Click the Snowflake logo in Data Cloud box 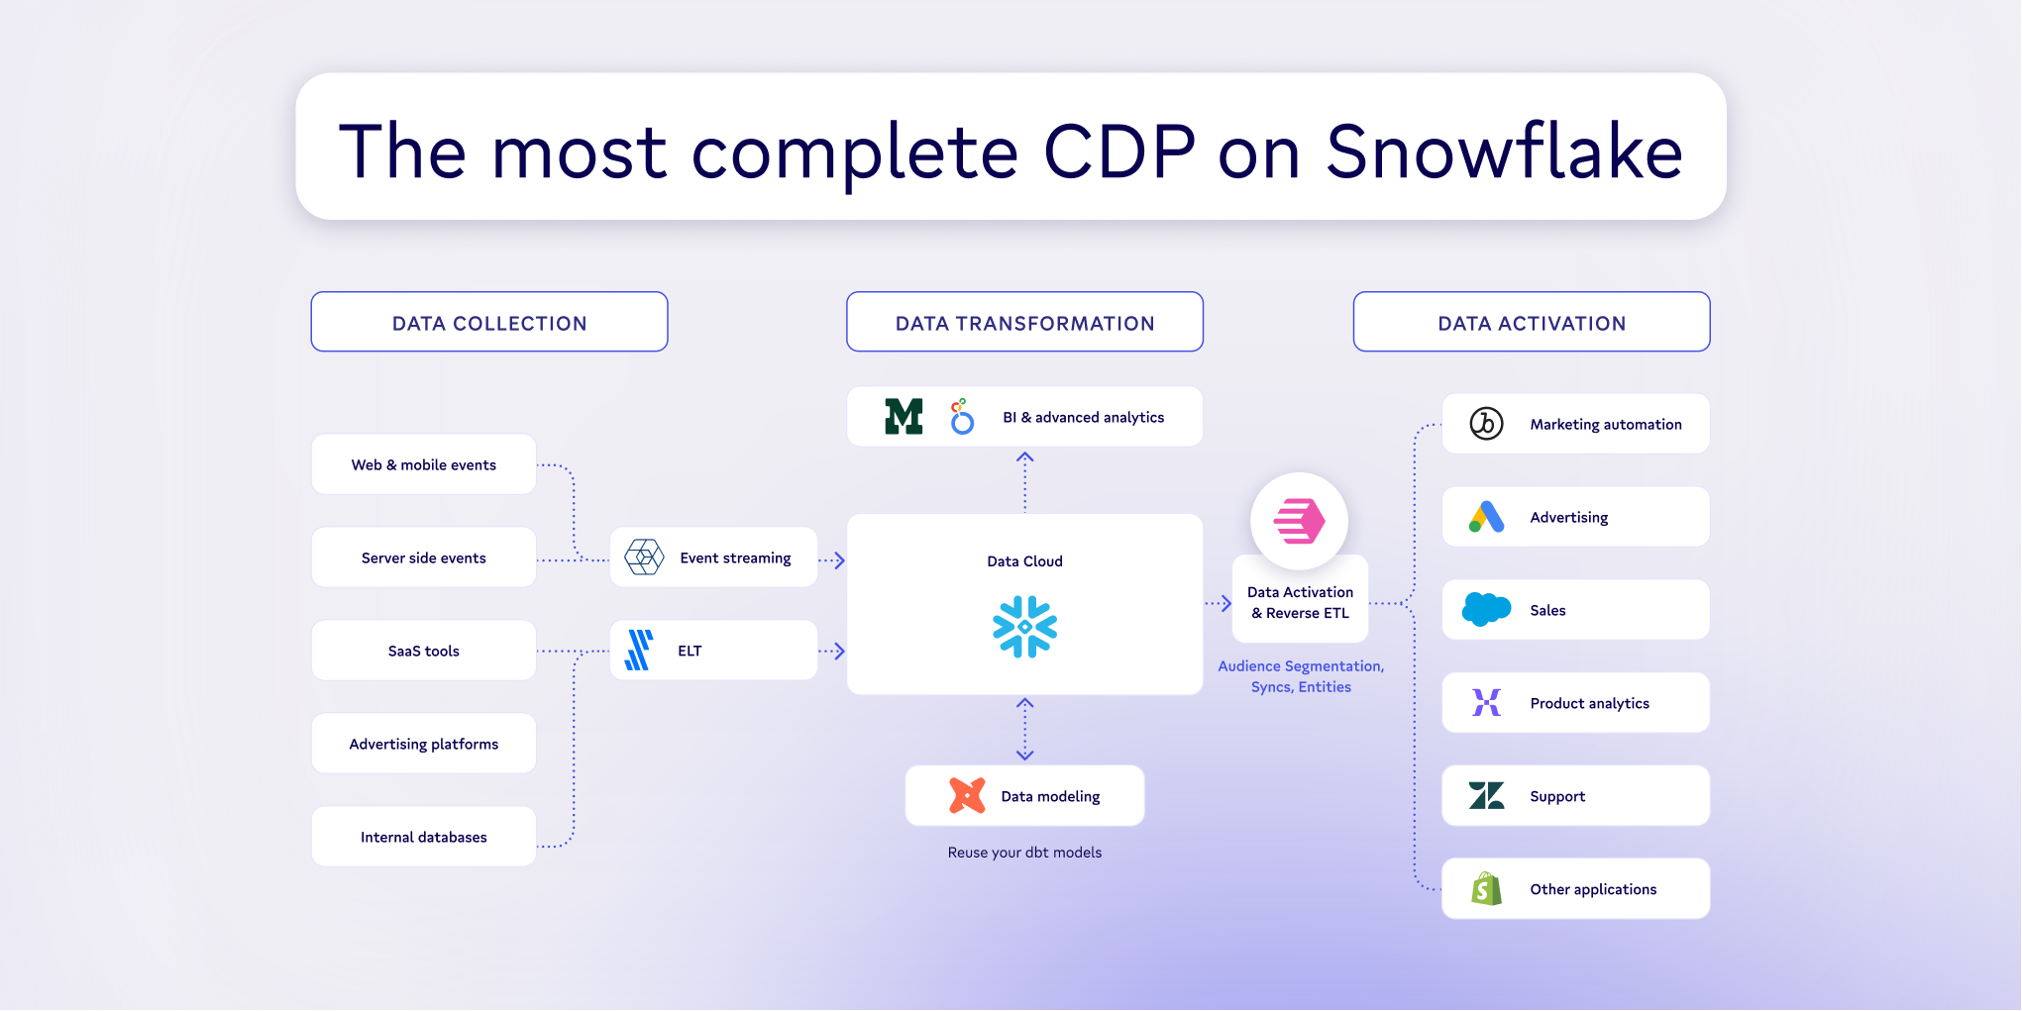[1024, 626]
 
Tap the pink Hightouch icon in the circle [1299, 521]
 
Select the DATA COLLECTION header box [489, 322]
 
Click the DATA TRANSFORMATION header [1024, 322]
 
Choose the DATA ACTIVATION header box [1531, 322]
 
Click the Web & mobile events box [423, 464]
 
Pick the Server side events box [423, 557]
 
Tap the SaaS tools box [423, 651]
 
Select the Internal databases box [423, 837]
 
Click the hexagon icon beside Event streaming [644, 557]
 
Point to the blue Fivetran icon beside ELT [639, 651]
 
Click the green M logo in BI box [904, 417]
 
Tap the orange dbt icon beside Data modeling [967, 795]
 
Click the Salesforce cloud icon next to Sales [1486, 609]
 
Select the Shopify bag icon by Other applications [1486, 889]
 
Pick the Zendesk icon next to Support [1486, 795]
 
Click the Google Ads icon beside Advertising [1486, 517]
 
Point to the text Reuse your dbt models [1024, 853]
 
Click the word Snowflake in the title [1504, 152]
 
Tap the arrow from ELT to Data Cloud [832, 651]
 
